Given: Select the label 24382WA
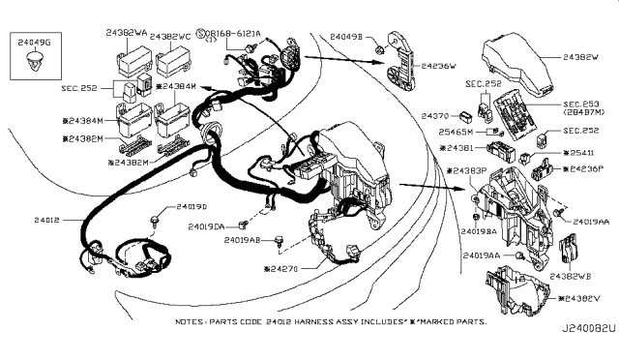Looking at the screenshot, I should click(x=127, y=33).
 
